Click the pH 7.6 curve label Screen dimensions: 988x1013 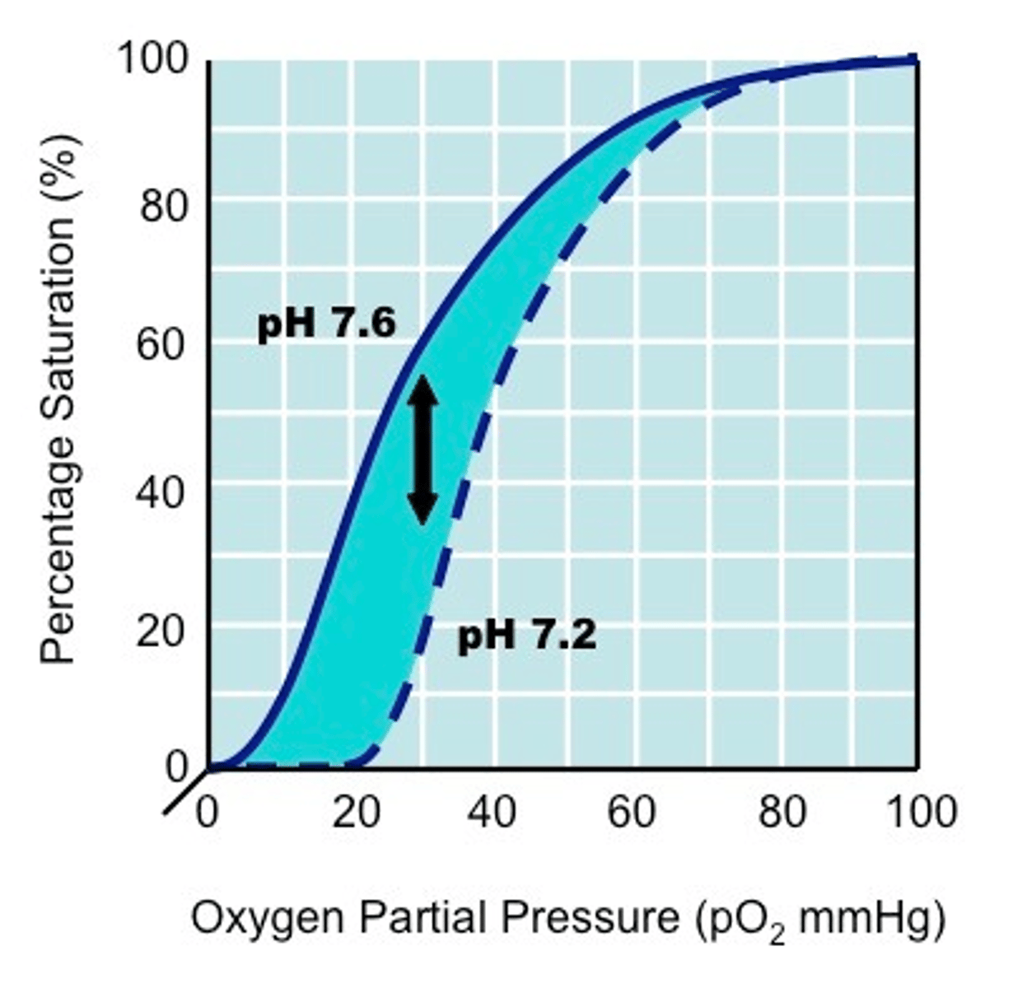click(327, 324)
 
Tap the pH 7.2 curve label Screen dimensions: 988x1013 click(527, 636)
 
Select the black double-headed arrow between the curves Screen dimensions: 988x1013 click(422, 450)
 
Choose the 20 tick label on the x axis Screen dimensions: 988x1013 click(356, 813)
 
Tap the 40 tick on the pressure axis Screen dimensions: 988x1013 click(492, 813)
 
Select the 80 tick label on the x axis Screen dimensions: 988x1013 click(782, 813)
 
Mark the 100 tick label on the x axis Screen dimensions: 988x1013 click(921, 813)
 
